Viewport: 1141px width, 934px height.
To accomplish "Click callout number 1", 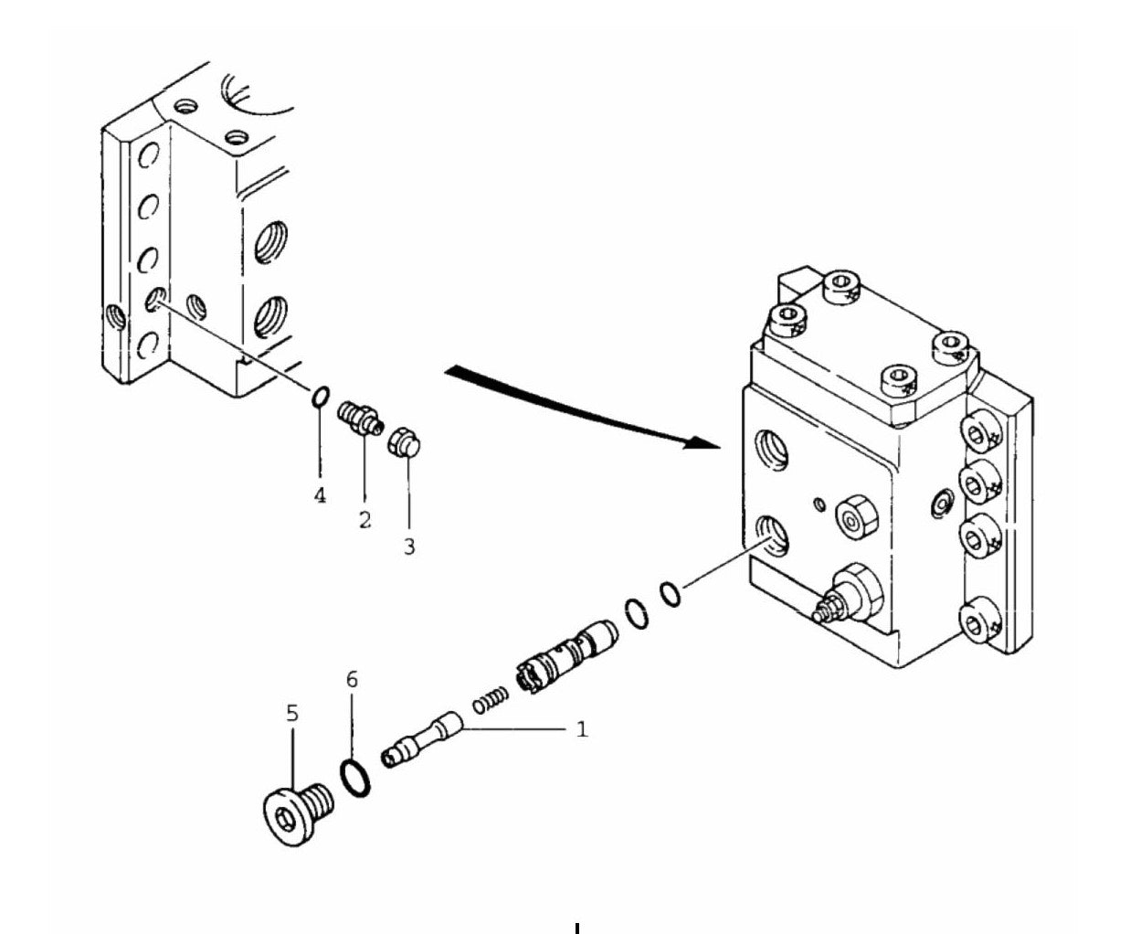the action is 582,729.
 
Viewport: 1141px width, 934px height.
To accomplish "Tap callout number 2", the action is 365,520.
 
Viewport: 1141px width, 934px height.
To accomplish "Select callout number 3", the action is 409,547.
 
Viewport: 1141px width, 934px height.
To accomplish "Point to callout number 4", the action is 320,494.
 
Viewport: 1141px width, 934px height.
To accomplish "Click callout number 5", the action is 292,714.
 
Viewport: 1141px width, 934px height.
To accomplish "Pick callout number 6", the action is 353,679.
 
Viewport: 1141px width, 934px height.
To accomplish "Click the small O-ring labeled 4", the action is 321,396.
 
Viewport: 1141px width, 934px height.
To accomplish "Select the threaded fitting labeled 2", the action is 360,418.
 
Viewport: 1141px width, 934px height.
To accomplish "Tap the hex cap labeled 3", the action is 405,442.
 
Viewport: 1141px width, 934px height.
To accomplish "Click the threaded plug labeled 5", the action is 298,814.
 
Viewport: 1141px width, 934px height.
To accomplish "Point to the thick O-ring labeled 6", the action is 355,778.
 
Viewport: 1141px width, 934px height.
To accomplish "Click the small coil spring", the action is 491,701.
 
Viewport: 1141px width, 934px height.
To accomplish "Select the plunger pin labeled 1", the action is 422,739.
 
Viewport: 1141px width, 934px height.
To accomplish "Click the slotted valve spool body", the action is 567,656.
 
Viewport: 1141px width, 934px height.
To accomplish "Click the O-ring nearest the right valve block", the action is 671,594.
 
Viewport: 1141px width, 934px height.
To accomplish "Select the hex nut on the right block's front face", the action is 856,516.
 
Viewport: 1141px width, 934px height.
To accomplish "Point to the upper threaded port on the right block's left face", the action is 772,450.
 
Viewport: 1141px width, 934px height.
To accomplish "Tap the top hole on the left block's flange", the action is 148,155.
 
